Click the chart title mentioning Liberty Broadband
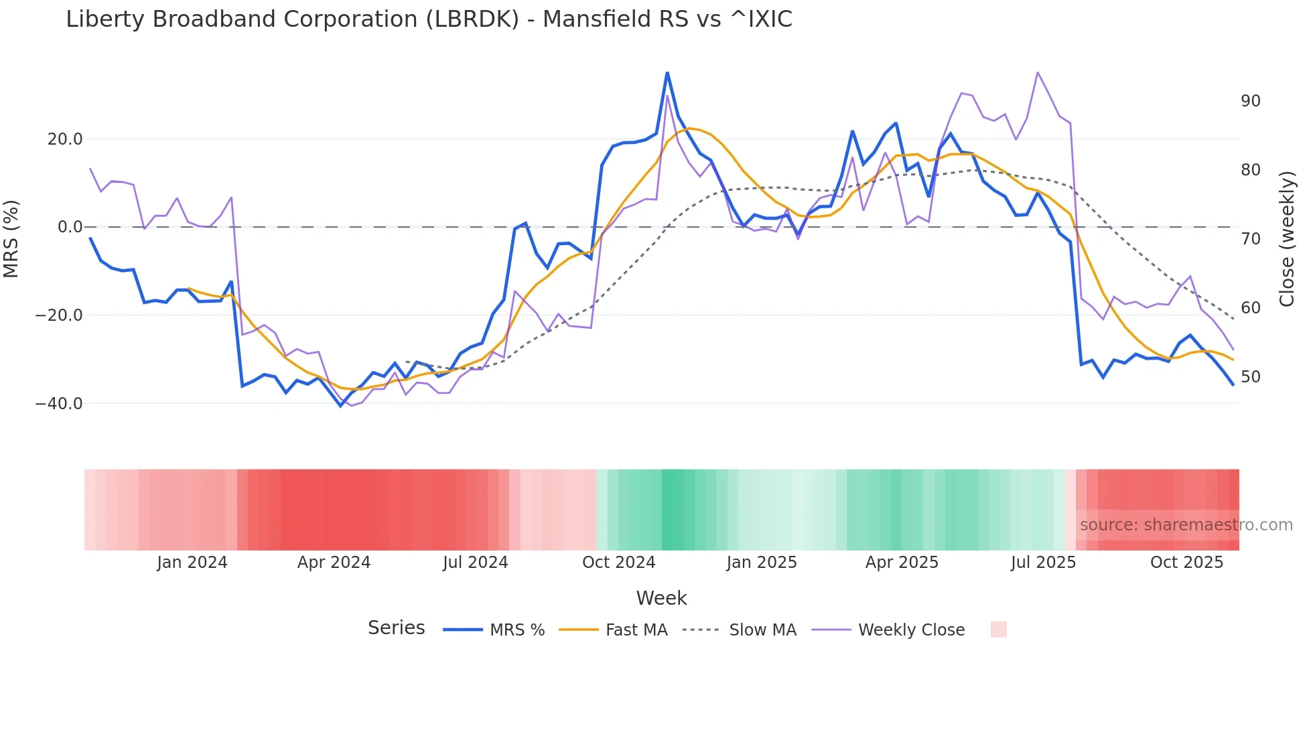429,19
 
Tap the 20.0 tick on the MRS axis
65,139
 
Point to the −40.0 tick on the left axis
59,404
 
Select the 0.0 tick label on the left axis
70,227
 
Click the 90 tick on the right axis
1250,101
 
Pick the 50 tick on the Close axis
1250,377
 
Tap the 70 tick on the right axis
1250,239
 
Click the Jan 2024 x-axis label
192,563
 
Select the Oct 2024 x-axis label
618,563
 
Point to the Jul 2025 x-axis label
1043,563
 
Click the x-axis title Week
661,598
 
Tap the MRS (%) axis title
11,238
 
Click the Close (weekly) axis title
1286,239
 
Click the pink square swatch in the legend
998,630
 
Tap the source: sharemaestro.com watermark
1186,525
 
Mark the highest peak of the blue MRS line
667,72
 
